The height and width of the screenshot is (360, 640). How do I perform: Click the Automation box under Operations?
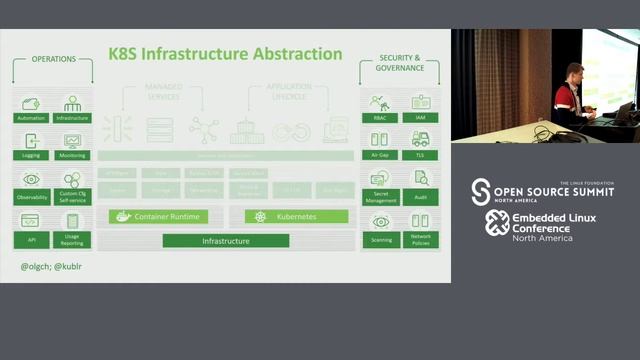[x=31, y=108]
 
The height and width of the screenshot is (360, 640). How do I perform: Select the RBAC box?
[x=379, y=108]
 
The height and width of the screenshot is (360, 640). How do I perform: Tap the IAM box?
[x=420, y=108]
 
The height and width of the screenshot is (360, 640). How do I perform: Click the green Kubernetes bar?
[x=296, y=216]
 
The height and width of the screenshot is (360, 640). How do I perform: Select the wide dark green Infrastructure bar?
[x=226, y=241]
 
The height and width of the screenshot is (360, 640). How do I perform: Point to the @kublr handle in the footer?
[x=70, y=267]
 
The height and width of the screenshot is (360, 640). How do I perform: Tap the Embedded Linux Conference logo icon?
[x=497, y=223]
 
